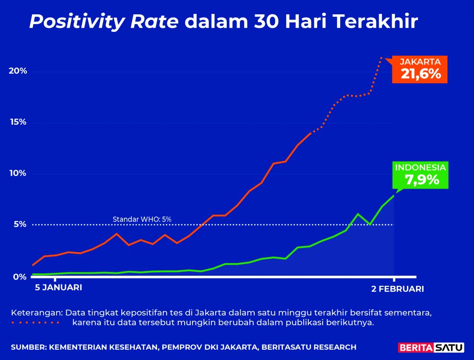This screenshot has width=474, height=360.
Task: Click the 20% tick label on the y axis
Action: [x=18, y=71]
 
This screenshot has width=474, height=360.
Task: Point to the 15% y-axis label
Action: [x=18, y=122]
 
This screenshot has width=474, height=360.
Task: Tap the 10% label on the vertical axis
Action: [x=18, y=173]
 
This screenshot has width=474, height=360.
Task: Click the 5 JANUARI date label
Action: [x=58, y=288]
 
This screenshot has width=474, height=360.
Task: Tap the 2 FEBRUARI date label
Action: [x=397, y=289]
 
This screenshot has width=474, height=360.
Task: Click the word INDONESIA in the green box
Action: [x=420, y=168]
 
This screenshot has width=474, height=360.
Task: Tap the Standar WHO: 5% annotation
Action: [x=142, y=219]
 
